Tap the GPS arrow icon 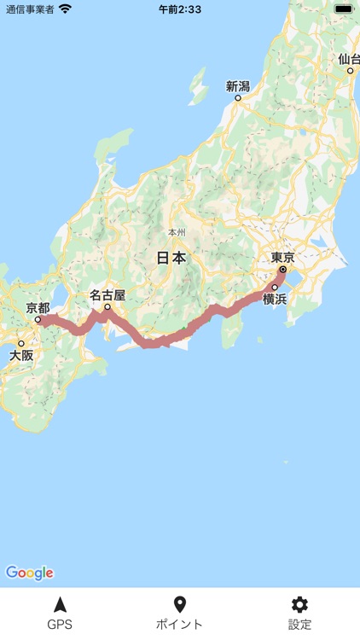pyautogui.click(x=60, y=604)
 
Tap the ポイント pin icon pyautogui.click(x=179, y=604)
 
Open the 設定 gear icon pyautogui.click(x=299, y=604)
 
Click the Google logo pyautogui.click(x=29, y=573)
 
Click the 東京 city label pyautogui.click(x=283, y=257)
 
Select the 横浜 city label pyautogui.click(x=275, y=299)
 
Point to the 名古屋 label pyautogui.click(x=107, y=295)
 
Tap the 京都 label pyautogui.click(x=38, y=307)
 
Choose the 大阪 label pyautogui.click(x=21, y=355)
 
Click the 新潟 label pyautogui.click(x=237, y=86)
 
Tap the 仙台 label pyautogui.click(x=348, y=59)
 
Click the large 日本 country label pyautogui.click(x=171, y=258)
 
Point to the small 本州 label pyautogui.click(x=177, y=232)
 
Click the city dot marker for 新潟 pyautogui.click(x=238, y=98)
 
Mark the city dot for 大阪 pyautogui.click(x=21, y=343)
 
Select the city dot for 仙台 pyautogui.click(x=350, y=71)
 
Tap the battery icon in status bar pyautogui.click(x=343, y=9)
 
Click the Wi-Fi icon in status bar pyautogui.click(x=66, y=9)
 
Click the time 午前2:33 pyautogui.click(x=179, y=9)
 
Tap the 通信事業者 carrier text pyautogui.click(x=30, y=9)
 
